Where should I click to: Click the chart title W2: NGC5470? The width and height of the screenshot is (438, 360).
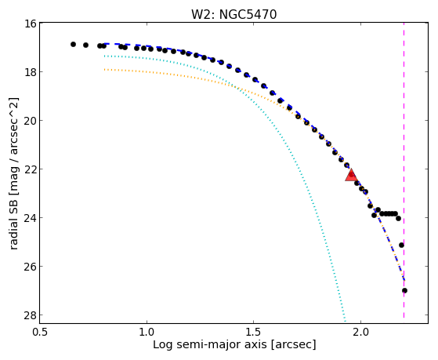coord(233,14)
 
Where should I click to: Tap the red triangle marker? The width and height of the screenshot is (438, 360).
coord(351,176)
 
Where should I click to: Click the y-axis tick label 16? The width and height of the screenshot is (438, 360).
coord(31,24)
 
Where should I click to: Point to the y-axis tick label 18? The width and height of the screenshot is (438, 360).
coord(31,72)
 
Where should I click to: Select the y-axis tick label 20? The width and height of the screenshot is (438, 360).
coord(31,121)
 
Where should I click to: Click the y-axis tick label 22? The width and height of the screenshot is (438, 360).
coord(31,169)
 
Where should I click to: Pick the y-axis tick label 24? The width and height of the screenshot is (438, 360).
coord(31,217)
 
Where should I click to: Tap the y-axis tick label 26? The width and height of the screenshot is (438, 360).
coord(31,267)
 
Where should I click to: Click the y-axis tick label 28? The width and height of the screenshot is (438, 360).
coord(31,315)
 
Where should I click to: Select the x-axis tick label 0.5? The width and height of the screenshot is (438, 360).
coord(39,333)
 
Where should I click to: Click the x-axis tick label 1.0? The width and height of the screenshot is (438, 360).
coord(147,333)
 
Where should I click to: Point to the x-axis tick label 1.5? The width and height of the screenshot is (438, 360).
coord(253,333)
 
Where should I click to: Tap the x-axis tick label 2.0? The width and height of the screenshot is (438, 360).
coord(360,333)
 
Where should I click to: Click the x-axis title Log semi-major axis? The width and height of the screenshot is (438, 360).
coord(210,344)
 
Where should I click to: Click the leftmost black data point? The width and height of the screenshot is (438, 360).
coord(73,44)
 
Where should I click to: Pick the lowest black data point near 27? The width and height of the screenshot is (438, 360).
coord(404,291)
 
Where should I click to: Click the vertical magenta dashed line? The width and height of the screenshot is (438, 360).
coord(404,170)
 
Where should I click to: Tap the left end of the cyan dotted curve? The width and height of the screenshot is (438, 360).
coord(104,56)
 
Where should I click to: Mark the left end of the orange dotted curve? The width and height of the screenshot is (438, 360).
coord(104,69)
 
